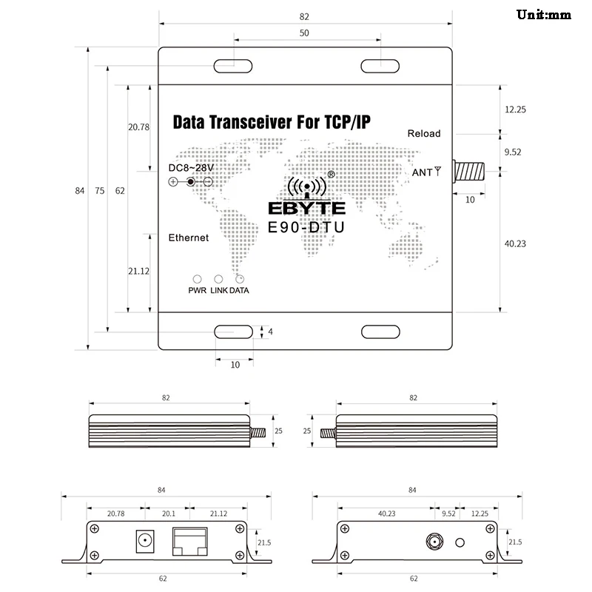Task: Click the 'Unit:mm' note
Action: pos(544,14)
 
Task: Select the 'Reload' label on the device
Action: pos(424,134)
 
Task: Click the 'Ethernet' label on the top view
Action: pos(189,238)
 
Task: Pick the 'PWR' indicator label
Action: pos(197,291)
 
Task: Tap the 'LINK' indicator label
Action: pos(218,291)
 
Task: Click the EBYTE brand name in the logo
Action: pos(306,209)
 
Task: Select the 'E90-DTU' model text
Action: pos(306,229)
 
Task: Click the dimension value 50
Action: pos(305,34)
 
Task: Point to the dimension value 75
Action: pos(100,191)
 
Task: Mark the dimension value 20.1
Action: pos(168,512)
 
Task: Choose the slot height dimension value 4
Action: pos(270,332)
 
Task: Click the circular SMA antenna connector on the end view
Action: pos(431,542)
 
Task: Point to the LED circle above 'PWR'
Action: pos(197,280)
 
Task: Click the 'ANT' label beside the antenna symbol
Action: pos(421,172)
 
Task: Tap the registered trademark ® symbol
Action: pos(331,175)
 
